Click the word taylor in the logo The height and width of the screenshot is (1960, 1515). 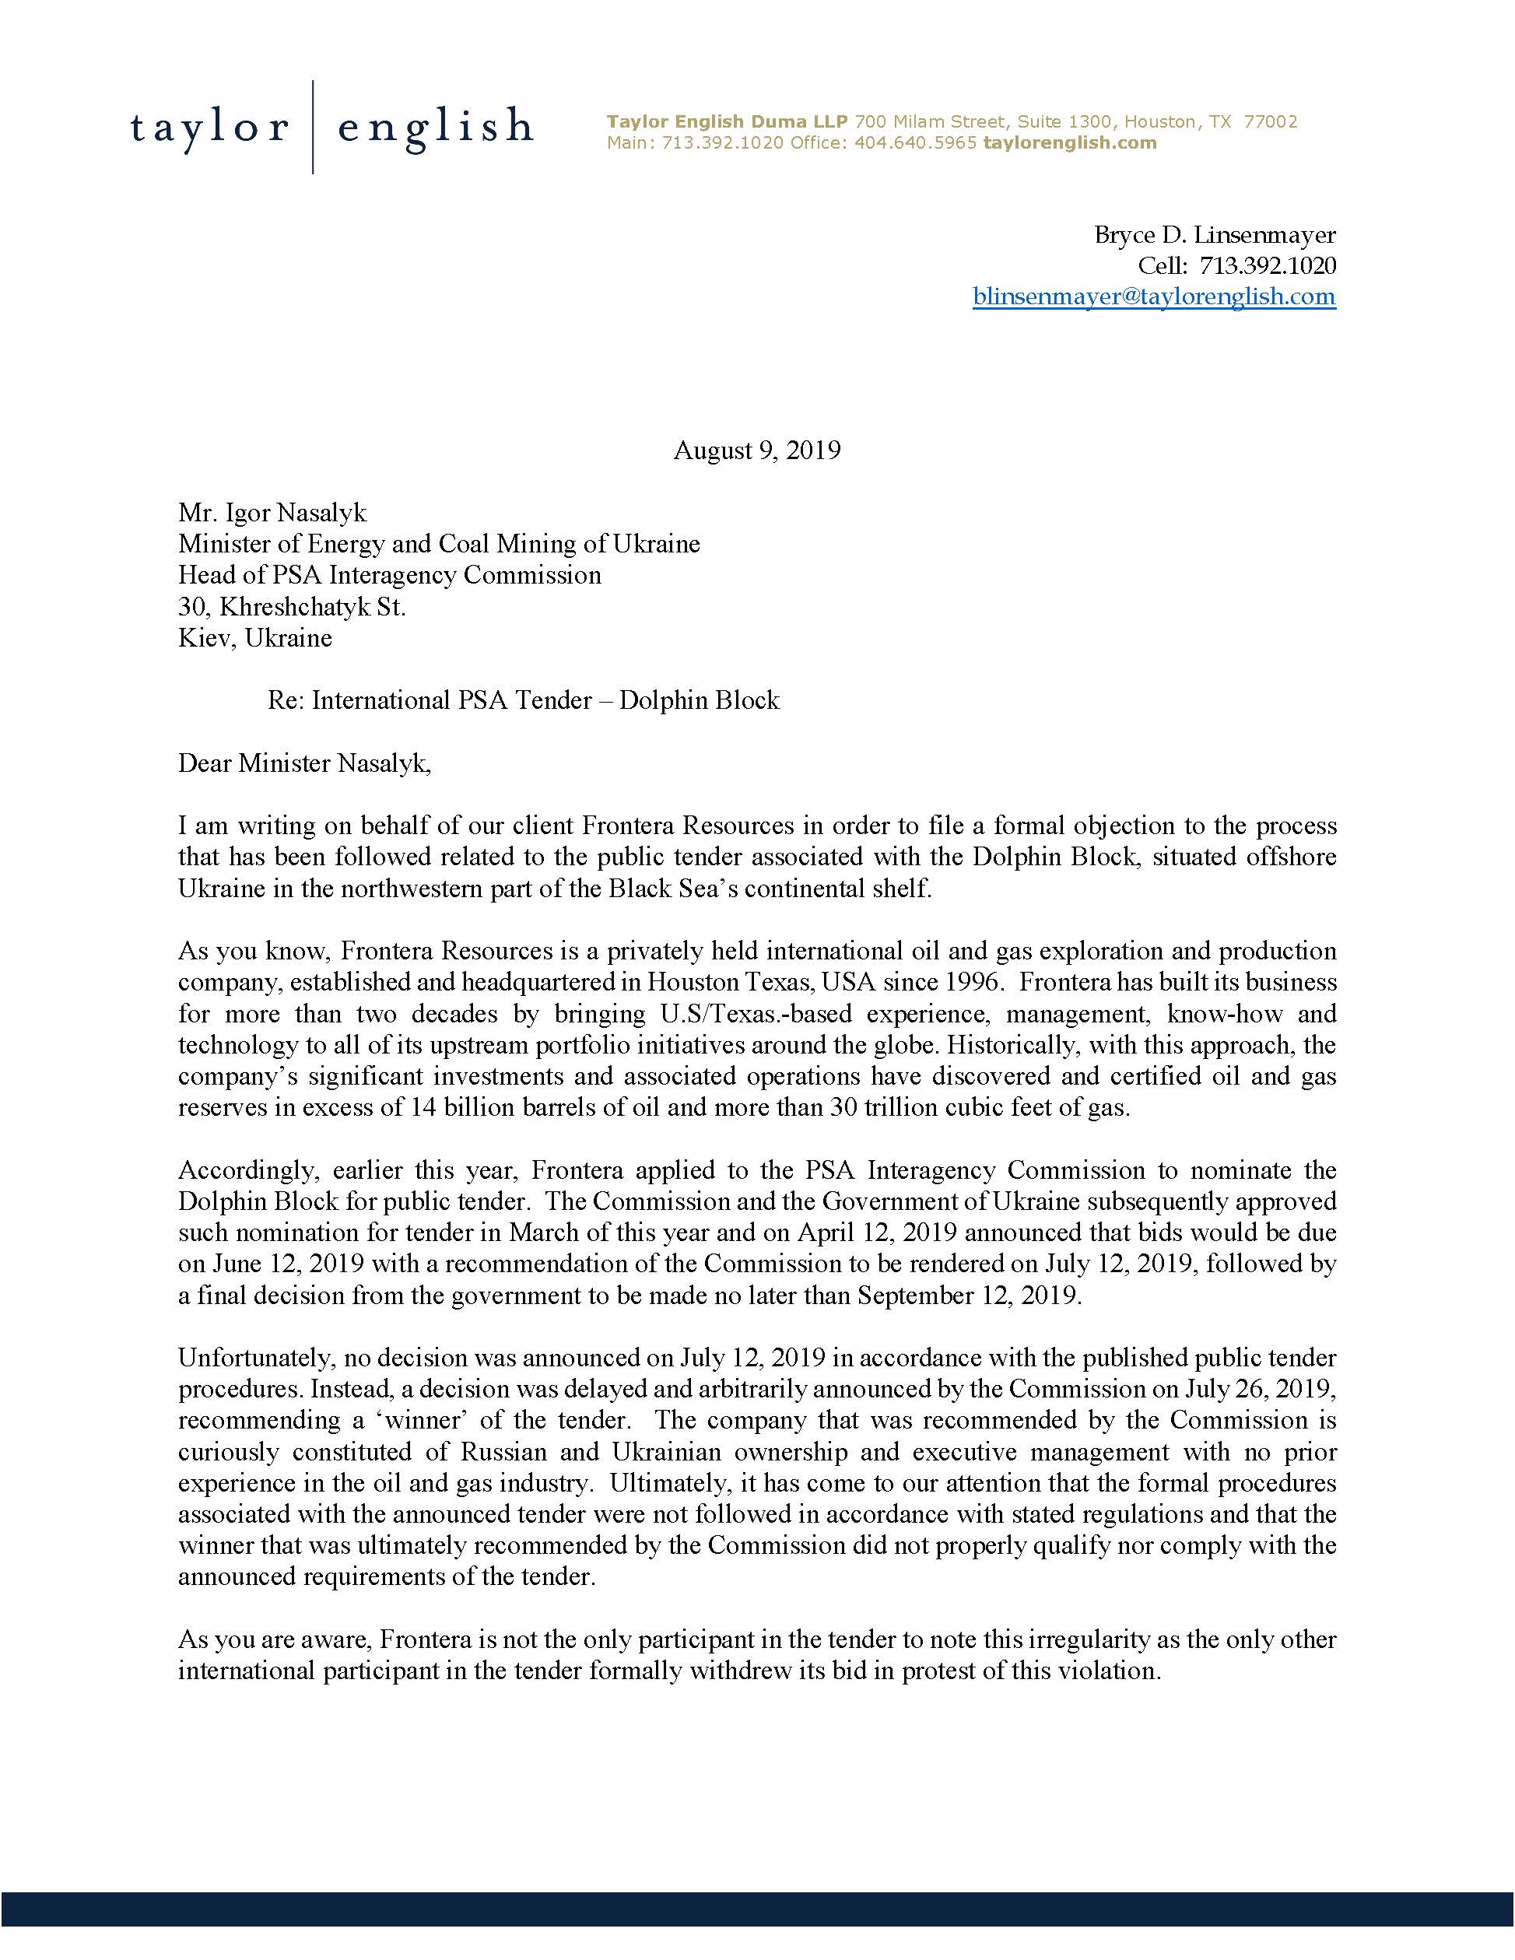[x=209, y=128]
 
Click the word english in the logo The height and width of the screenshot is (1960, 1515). [x=435, y=128]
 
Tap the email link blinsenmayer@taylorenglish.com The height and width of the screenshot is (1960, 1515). [x=1153, y=297]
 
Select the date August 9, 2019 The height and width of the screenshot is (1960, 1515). [x=756, y=451]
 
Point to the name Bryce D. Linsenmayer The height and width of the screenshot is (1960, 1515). [x=1215, y=235]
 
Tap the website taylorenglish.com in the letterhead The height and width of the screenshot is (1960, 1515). [x=1070, y=142]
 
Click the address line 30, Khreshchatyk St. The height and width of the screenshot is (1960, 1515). [x=292, y=607]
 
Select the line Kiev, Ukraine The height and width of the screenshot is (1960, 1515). [x=255, y=638]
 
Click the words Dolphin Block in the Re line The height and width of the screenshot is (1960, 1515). [x=700, y=700]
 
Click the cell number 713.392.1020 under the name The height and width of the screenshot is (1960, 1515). [x=1268, y=265]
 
